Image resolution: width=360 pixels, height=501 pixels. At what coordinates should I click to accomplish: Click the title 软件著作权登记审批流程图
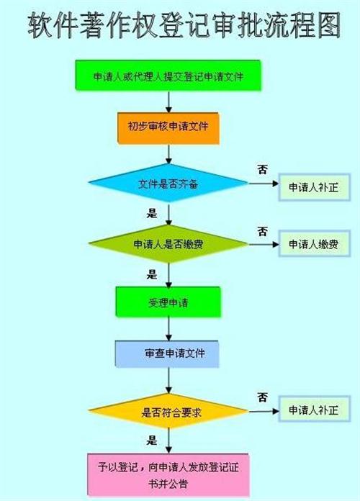[x=184, y=26]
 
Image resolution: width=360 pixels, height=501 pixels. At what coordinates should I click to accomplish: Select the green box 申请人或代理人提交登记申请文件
[x=168, y=76]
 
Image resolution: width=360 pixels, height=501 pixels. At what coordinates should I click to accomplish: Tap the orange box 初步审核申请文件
[x=168, y=128]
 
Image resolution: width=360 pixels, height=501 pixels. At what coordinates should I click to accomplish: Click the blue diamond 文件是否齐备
[x=168, y=183]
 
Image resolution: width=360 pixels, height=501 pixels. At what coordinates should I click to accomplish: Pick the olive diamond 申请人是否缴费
[x=168, y=244]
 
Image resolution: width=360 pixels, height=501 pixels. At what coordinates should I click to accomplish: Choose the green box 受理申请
[x=168, y=302]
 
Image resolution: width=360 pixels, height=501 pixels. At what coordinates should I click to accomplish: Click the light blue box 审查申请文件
[x=167, y=353]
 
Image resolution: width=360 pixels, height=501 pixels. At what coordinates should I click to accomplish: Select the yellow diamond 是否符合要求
[x=168, y=411]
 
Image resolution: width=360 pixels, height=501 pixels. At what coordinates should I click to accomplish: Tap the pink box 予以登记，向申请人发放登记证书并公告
[x=168, y=474]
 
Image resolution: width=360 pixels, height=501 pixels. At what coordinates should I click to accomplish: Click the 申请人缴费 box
[x=315, y=244]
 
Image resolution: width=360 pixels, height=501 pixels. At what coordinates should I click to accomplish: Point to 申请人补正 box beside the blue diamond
[x=315, y=187]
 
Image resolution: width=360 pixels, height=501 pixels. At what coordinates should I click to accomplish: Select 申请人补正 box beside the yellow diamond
[x=315, y=410]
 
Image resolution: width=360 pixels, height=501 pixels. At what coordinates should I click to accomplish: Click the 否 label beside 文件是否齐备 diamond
[x=263, y=170]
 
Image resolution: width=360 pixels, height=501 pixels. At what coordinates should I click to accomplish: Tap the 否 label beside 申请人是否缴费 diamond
[x=263, y=231]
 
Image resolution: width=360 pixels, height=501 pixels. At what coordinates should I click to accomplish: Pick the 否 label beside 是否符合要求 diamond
[x=263, y=398]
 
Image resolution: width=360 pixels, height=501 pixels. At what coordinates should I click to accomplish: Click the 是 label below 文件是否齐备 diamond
[x=152, y=213]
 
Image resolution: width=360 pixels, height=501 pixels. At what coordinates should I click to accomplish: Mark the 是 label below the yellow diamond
[x=152, y=441]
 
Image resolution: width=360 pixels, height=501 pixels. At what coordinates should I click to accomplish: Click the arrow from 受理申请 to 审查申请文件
[x=168, y=329]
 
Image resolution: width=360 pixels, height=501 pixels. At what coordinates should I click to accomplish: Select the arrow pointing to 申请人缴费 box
[x=264, y=245]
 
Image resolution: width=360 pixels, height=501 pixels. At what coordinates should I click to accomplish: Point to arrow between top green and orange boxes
[x=168, y=102]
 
